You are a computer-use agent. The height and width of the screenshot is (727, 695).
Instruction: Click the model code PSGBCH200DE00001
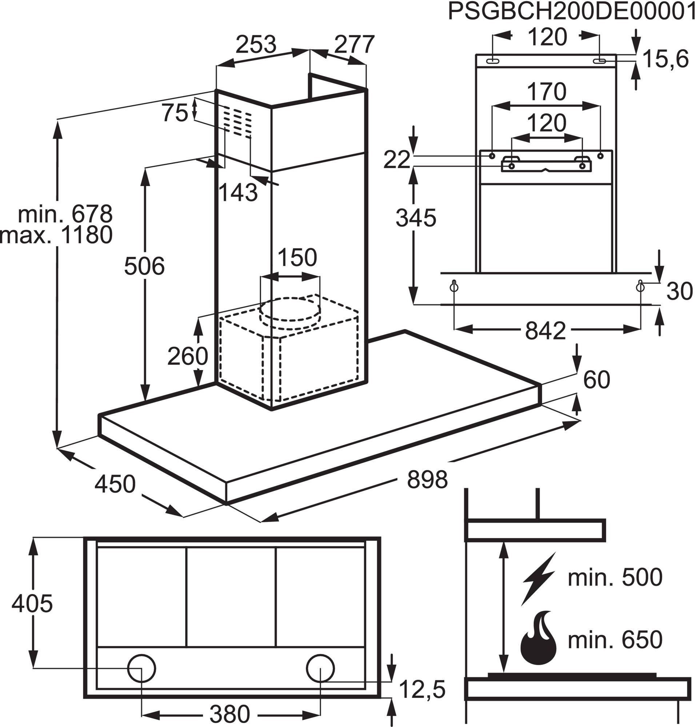point(571,12)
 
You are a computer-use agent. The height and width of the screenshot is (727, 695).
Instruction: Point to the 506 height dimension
point(144,266)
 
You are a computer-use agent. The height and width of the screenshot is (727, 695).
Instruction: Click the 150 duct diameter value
point(297,257)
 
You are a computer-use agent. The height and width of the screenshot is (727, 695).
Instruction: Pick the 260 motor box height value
point(188,356)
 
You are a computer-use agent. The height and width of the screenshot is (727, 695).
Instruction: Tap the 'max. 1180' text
point(56,235)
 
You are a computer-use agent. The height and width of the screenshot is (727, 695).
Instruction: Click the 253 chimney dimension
point(256,44)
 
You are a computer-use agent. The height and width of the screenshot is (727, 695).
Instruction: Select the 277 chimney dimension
point(355,44)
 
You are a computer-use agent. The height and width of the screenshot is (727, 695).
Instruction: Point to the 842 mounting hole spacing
point(546,331)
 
